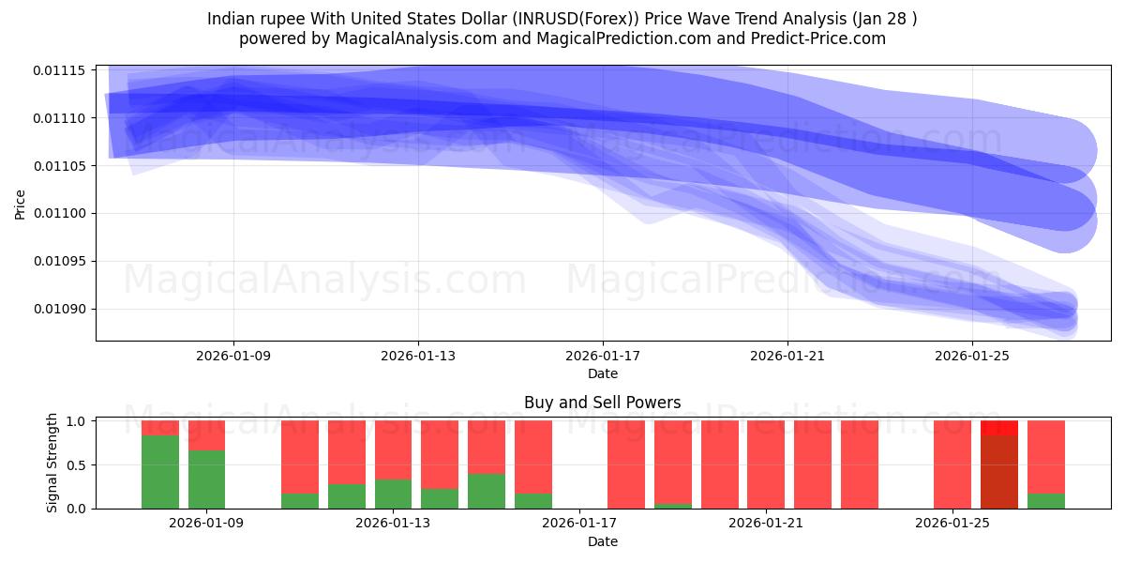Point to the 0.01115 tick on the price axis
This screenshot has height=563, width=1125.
[x=59, y=71]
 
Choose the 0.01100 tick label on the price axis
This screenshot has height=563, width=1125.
[x=59, y=214]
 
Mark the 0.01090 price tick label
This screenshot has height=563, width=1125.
[x=59, y=310]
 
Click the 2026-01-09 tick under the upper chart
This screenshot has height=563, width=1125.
[x=233, y=356]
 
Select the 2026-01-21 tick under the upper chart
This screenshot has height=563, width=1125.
[x=787, y=356]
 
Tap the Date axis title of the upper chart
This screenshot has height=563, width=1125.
[x=602, y=373]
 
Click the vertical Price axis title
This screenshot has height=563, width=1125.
[x=21, y=203]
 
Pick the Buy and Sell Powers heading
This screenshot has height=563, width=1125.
[x=602, y=403]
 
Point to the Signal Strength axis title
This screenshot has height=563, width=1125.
[x=52, y=464]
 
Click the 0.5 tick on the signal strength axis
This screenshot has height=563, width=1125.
[x=78, y=464]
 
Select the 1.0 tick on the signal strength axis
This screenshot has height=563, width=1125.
[x=78, y=421]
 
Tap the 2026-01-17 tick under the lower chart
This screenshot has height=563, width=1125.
[x=580, y=524]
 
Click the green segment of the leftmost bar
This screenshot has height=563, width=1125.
[x=160, y=471]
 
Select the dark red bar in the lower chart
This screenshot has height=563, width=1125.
[x=999, y=471]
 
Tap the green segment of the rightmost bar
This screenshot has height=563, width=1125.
[x=1046, y=500]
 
